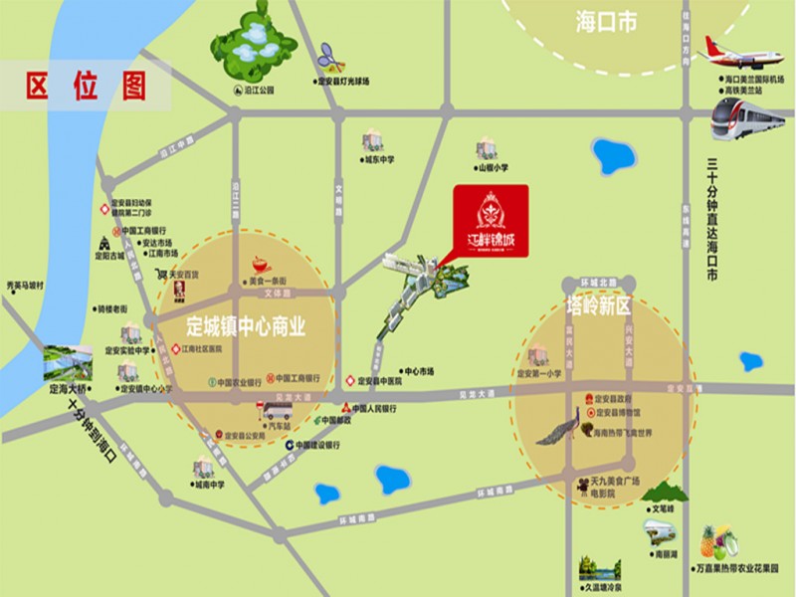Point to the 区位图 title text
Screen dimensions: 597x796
coord(85,85)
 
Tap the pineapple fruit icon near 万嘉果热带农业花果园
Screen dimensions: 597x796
coord(709,543)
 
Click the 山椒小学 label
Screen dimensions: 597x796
coord(493,168)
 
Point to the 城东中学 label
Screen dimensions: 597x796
coord(379,158)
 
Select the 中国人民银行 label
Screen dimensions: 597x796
coord(373,408)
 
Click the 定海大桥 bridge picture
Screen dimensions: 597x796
coord(68,363)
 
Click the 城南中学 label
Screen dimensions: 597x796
coord(210,486)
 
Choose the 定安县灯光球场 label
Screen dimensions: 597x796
coord(342,82)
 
